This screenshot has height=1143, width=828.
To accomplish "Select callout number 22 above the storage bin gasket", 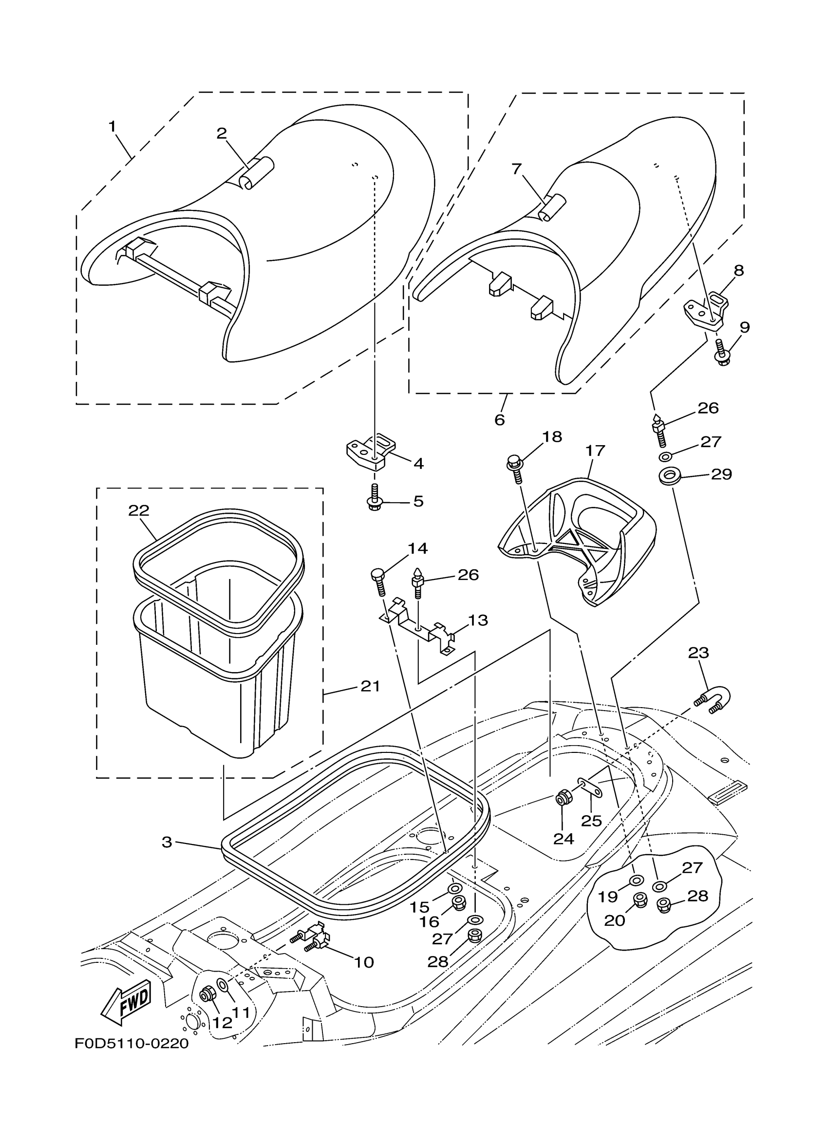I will pos(139,510).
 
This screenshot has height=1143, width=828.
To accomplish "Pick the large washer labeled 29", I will pos(668,475).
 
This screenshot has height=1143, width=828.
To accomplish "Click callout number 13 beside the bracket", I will pos(477,620).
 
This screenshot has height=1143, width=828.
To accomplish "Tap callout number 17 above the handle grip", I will pos(595,450).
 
